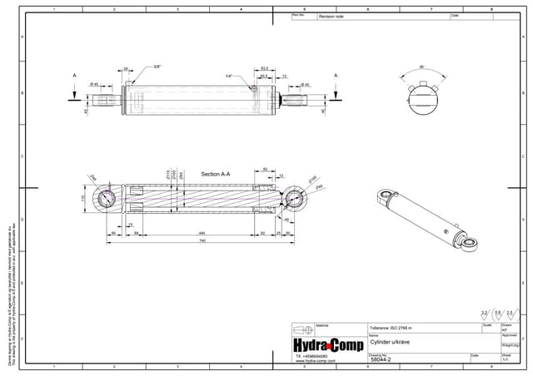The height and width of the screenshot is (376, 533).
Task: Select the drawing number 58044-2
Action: tap(381, 359)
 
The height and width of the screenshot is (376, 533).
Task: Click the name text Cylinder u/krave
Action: tap(392, 342)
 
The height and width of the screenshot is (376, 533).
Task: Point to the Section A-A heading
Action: tap(215, 174)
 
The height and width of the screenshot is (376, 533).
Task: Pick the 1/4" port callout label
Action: tap(228, 76)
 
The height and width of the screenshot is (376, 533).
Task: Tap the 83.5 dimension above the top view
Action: tap(264, 68)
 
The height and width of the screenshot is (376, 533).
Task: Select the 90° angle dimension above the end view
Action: tap(423, 67)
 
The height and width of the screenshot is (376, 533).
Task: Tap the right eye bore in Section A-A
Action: tap(294, 200)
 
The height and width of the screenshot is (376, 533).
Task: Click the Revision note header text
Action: tap(331, 16)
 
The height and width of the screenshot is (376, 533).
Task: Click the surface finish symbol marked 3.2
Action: tap(484, 314)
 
